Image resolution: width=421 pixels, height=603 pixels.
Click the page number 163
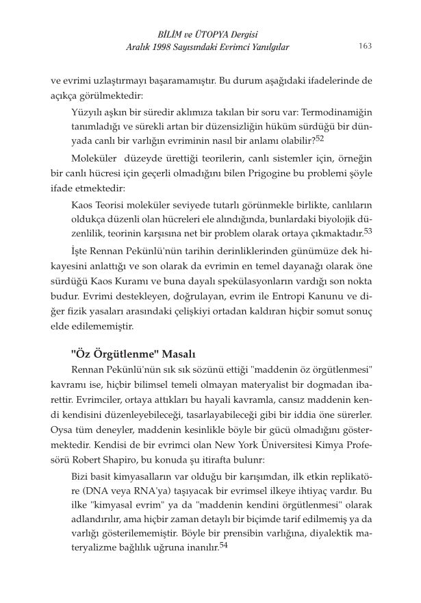364,46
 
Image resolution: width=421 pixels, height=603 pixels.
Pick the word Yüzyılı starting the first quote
88,110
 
